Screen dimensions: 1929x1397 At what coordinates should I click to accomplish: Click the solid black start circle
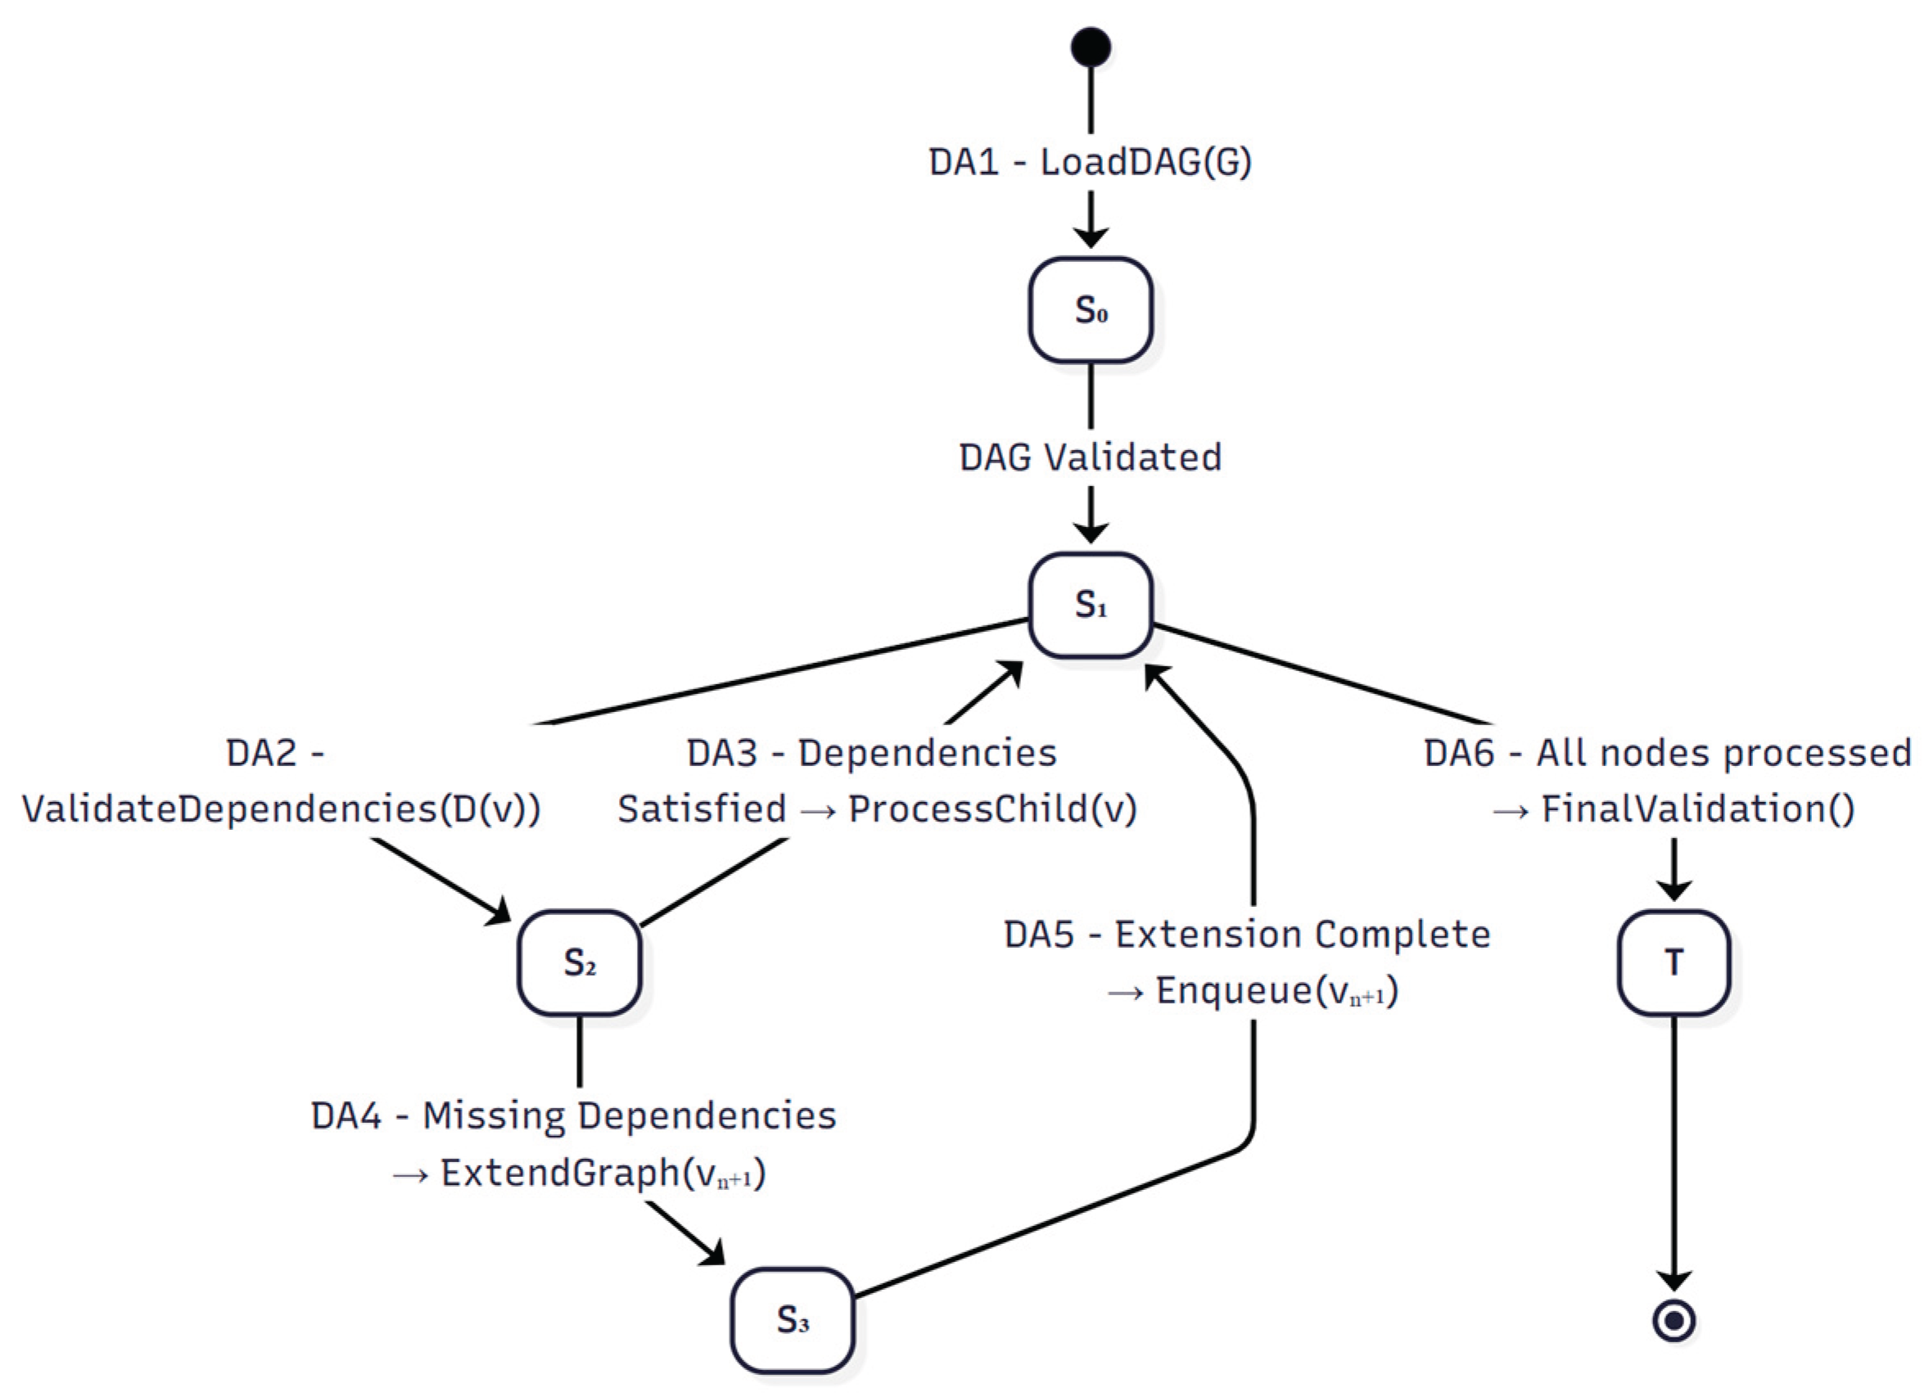1091,47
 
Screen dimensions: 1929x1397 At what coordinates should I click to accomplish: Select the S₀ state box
1091,310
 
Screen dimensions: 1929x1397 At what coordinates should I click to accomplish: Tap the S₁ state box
1091,606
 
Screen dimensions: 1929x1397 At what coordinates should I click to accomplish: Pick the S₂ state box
579,962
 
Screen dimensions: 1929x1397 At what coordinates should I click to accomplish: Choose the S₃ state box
793,1319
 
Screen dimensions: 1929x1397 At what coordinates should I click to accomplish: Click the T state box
1674,962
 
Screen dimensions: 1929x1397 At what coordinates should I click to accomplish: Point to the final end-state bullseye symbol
1674,1320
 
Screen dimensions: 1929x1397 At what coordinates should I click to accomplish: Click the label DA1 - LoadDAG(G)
1091,162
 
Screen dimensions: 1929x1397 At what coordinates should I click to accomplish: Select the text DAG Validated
1091,457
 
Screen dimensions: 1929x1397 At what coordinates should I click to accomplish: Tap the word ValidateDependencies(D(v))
282,809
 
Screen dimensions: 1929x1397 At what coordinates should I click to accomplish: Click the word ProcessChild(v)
992,809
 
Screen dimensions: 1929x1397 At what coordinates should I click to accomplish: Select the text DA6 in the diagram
1459,754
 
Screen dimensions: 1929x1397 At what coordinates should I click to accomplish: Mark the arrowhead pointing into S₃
711,1251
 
